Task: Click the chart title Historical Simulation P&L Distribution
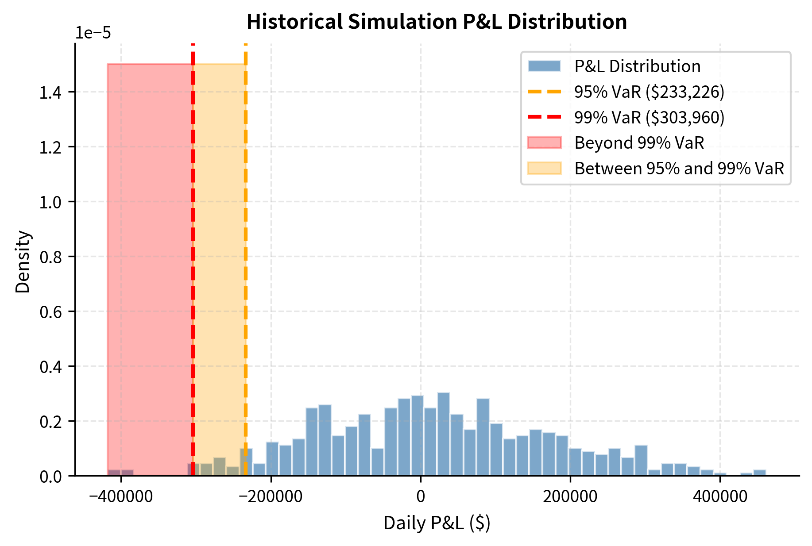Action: tap(437, 22)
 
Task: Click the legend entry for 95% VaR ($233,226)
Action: tap(649, 92)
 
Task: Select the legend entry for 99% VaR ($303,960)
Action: tap(649, 117)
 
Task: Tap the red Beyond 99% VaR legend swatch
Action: tap(544, 143)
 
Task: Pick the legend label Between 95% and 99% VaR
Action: tap(679, 169)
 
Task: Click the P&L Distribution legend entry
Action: tap(637, 66)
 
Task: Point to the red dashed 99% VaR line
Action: tap(193, 265)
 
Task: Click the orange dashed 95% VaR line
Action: tap(245, 265)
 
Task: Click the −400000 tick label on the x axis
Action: tap(121, 496)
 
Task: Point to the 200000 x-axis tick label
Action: tap(570, 496)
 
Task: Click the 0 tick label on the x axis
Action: tap(420, 496)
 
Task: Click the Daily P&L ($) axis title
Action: tap(437, 523)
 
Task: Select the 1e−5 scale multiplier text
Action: tap(93, 33)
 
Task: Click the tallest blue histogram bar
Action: tap(444, 434)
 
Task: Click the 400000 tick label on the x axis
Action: tap(720, 496)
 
